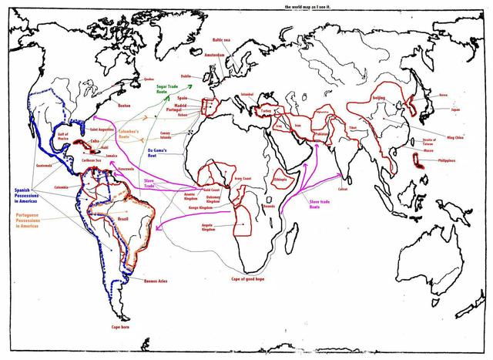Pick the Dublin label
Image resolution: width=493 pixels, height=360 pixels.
[x=186, y=76]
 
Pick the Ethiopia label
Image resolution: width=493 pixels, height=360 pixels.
[x=280, y=180]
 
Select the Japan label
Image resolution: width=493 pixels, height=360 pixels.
[x=455, y=109]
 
